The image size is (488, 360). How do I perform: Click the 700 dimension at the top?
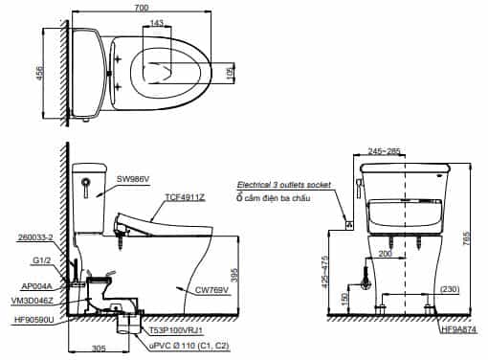coord(142,7)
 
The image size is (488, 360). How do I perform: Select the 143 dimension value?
coord(157,22)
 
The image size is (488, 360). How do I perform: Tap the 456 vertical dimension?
coord(39,74)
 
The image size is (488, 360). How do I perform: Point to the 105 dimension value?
coord(230,73)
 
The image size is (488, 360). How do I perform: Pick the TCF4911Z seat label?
coord(185,197)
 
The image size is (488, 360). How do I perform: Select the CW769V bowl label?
coord(212,290)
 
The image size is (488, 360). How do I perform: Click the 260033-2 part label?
coord(35,237)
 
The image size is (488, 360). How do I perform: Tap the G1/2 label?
coord(42,260)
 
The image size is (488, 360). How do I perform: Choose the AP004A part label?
coord(36,286)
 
